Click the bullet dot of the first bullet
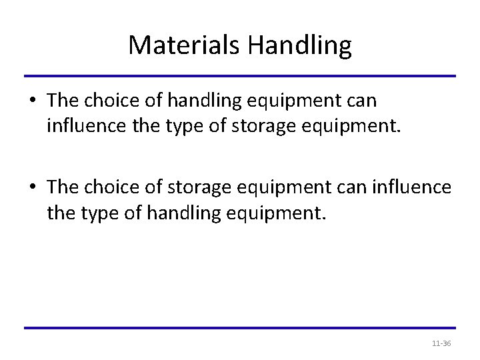point(33,101)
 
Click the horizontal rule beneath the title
point(240,75)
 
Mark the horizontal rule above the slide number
point(240,327)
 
